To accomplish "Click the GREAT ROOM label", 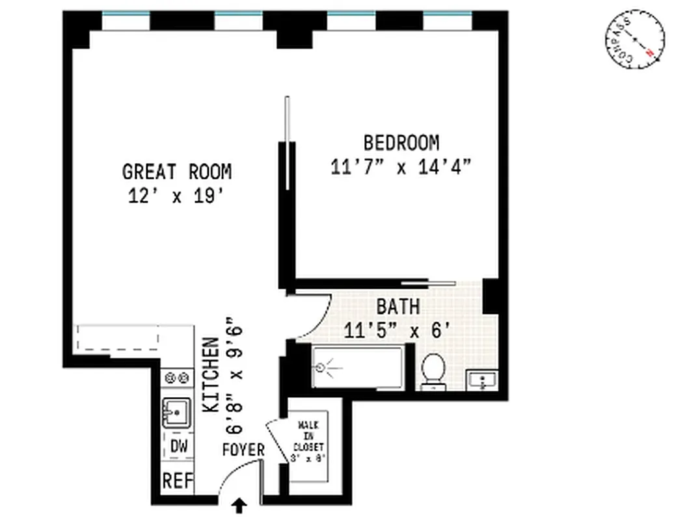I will tap(176, 172).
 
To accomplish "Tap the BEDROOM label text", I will tap(401, 142).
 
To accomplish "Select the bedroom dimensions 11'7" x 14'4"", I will tap(400, 167).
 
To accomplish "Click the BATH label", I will tap(397, 306).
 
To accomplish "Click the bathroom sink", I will tap(482, 380).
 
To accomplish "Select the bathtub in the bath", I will tap(357, 367).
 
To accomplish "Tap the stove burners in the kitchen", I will tap(177, 377).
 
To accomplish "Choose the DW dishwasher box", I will tap(178, 447).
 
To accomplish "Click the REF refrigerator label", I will tap(178, 482).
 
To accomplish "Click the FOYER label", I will tap(243, 450).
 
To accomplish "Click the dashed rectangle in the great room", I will tap(118, 338).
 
